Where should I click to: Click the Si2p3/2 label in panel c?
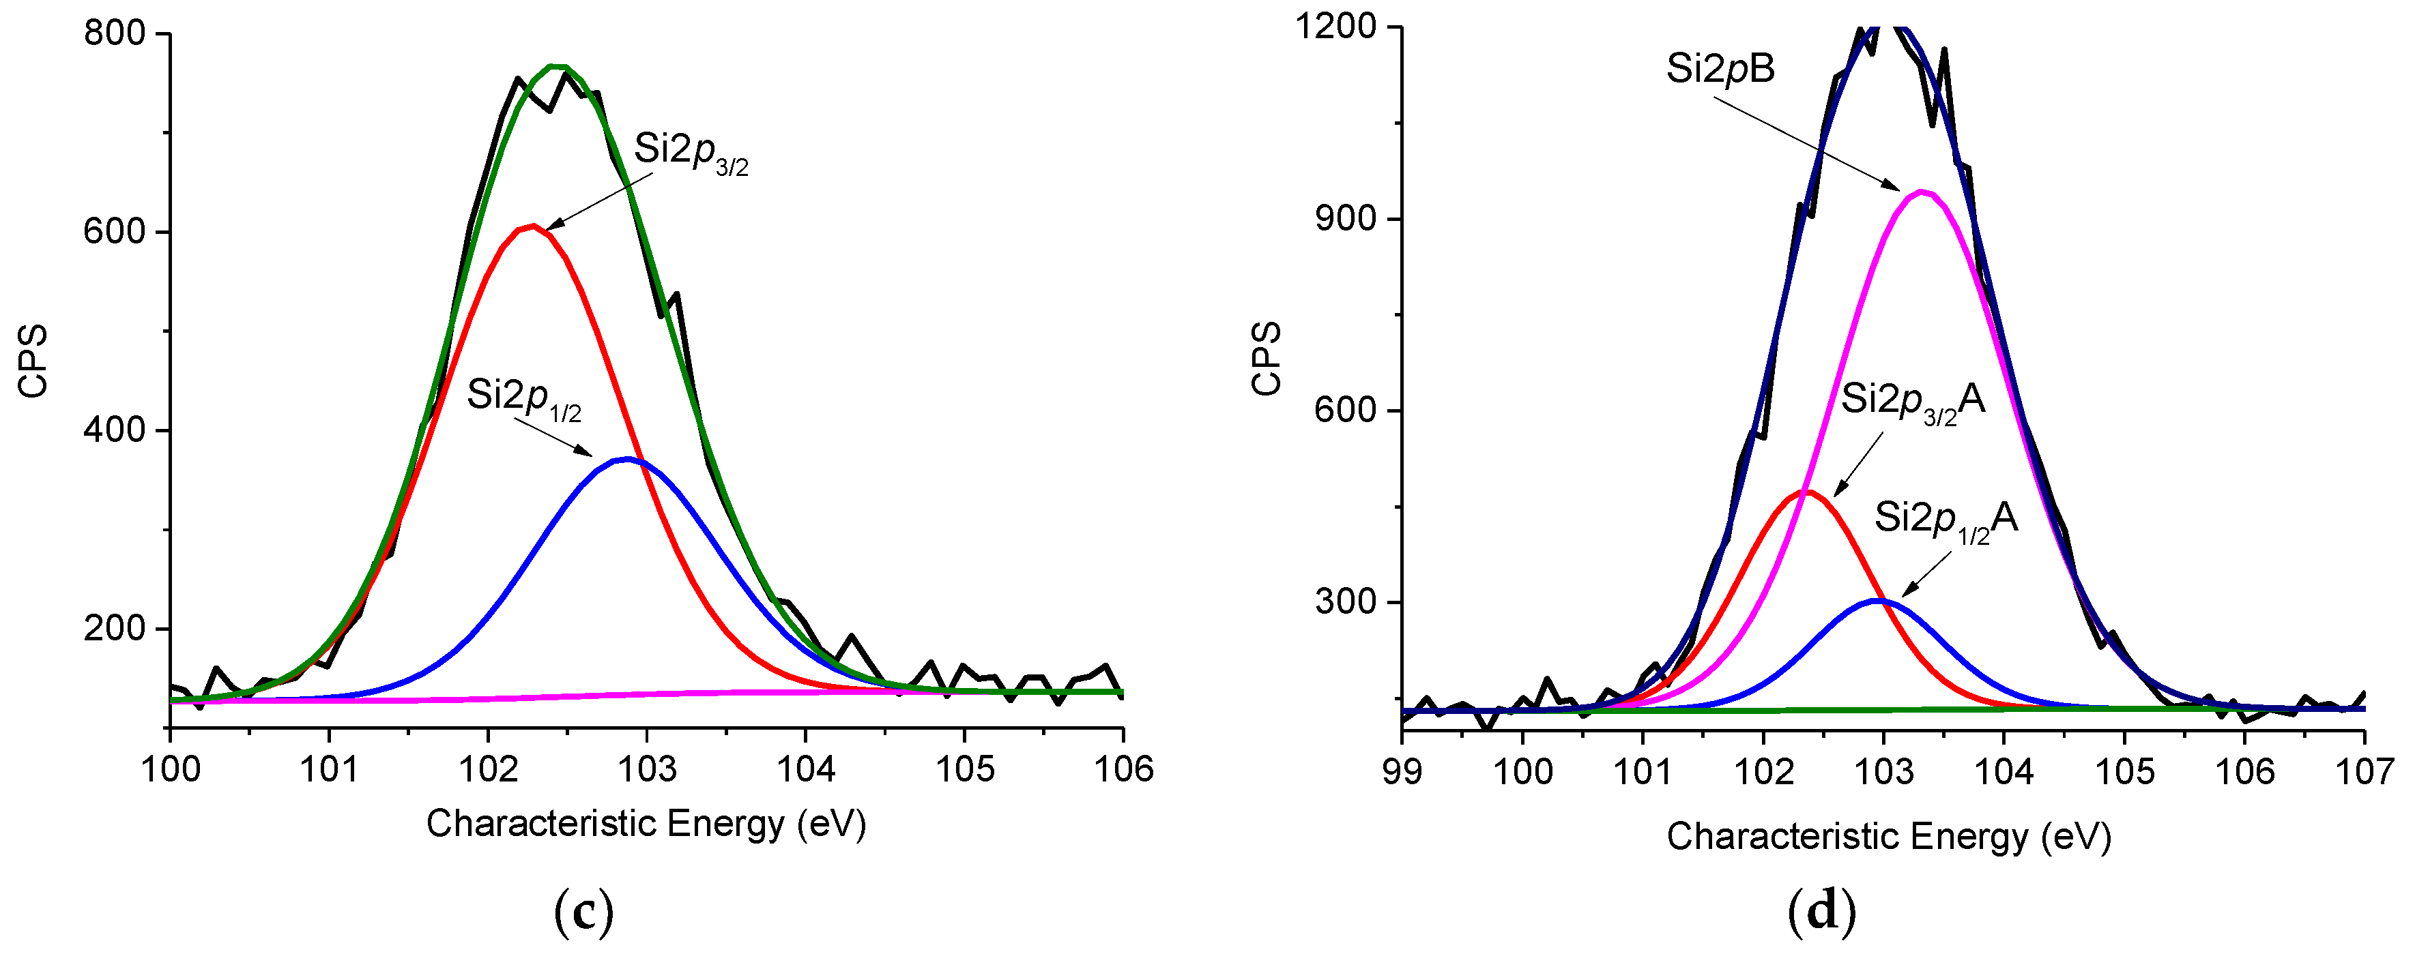click(691, 152)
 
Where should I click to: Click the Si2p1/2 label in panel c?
click(523, 398)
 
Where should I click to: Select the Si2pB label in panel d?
click(1720, 70)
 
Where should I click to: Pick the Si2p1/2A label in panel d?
click(1946, 520)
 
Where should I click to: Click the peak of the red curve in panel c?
click(532, 226)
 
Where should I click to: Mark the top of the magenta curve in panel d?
click(1922, 192)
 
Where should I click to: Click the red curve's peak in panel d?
click(1806, 491)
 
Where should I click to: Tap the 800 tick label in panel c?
click(115, 33)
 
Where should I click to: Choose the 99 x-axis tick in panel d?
click(1402, 772)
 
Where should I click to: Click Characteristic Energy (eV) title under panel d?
click(1888, 837)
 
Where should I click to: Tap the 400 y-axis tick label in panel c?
click(115, 431)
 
